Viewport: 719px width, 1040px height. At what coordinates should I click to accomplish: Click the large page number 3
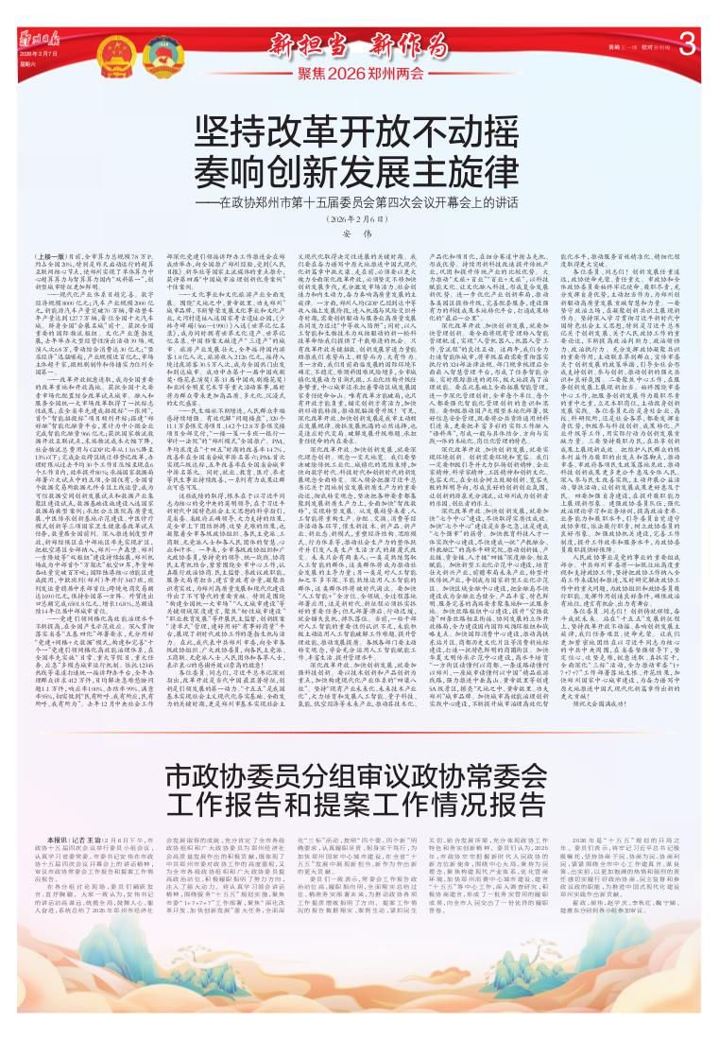click(x=687, y=43)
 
